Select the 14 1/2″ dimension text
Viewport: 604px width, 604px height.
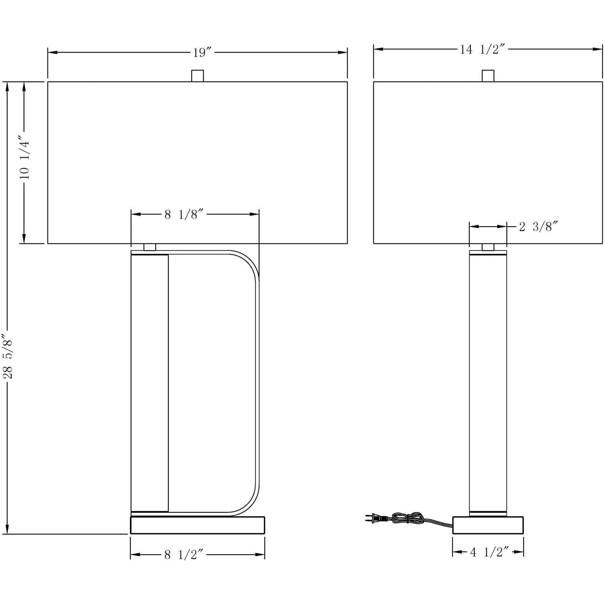click(483, 49)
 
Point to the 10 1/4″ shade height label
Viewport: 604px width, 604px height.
click(24, 157)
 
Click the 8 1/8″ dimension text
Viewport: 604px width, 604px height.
click(185, 215)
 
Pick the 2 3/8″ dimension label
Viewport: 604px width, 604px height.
click(539, 226)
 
